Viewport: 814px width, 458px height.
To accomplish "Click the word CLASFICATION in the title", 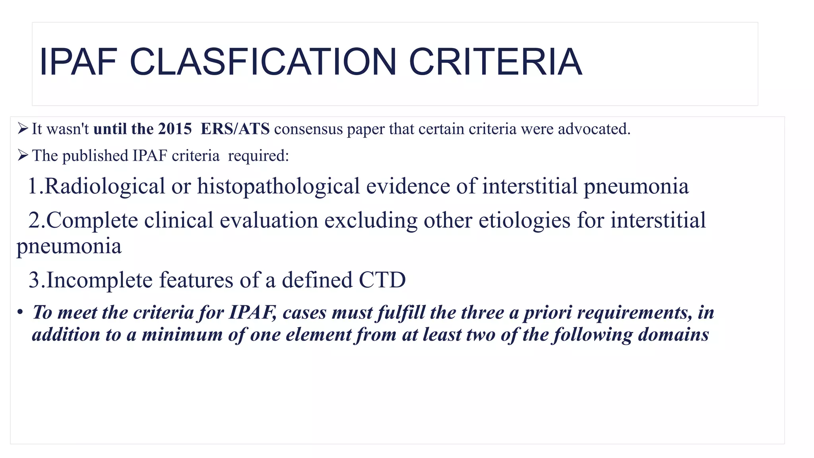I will coord(263,62).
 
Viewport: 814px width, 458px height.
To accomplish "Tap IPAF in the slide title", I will coord(78,62).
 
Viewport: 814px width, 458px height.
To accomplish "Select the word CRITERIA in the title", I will coord(495,62).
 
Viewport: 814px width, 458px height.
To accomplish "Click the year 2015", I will coord(175,129).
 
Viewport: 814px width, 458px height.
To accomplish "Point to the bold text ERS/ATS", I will coord(235,129).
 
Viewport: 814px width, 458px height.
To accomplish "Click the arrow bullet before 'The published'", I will coord(23,155).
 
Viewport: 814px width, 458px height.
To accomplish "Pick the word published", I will coord(95,155).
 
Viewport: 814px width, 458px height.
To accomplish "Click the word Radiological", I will coord(105,186).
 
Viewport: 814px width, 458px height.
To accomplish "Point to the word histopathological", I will coord(278,186).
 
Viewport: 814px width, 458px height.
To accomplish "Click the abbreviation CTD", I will coord(382,280).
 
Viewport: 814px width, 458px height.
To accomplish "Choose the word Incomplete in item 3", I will coord(99,280).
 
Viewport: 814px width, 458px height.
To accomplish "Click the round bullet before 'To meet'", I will coord(19,312).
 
